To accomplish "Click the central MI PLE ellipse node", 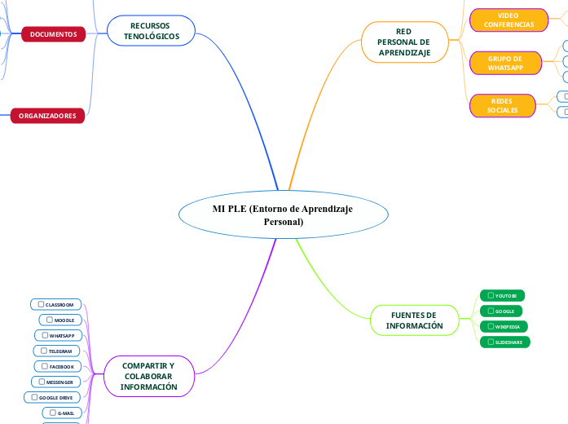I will (282, 215).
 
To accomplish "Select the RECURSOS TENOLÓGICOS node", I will (151, 31).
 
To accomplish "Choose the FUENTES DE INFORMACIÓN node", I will (414, 320).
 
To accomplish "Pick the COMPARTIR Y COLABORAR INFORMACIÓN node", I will (148, 377).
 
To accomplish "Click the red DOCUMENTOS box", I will (53, 35).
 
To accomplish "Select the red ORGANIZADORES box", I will (47, 116).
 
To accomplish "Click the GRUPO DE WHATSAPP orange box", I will (505, 64).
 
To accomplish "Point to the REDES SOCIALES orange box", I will (502, 105).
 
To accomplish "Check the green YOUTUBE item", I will (502, 295).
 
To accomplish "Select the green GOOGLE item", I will (500, 311).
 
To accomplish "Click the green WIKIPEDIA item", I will (504, 326).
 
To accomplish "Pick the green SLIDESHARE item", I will (505, 342).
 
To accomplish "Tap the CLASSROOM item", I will (56, 304).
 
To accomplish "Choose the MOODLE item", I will (60, 320).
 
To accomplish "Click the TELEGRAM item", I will (57, 351).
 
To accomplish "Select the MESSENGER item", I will (55, 382).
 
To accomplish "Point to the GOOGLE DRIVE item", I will (52, 397).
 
